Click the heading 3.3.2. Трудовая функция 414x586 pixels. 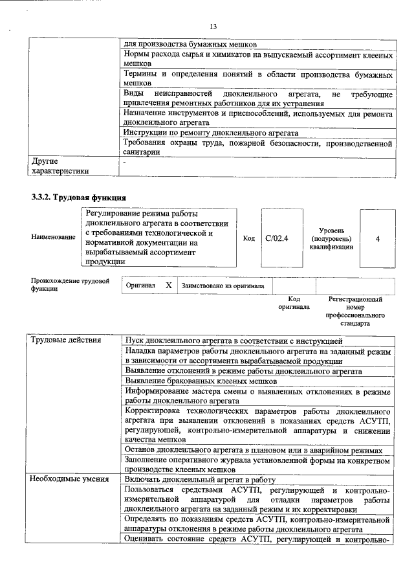pos(78,197)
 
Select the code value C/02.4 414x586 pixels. pos(276,238)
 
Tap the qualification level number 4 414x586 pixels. pos(377,238)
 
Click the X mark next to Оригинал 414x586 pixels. pos(168,285)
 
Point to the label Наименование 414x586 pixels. pos(53,238)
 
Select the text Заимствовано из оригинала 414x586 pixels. pos(223,285)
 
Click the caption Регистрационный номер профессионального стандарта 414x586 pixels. pos(354,311)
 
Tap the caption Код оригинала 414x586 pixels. pos(294,303)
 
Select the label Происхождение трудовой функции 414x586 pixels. pos(69,285)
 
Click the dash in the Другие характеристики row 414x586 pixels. pos(126,160)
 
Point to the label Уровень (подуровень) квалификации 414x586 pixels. pos(331,238)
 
